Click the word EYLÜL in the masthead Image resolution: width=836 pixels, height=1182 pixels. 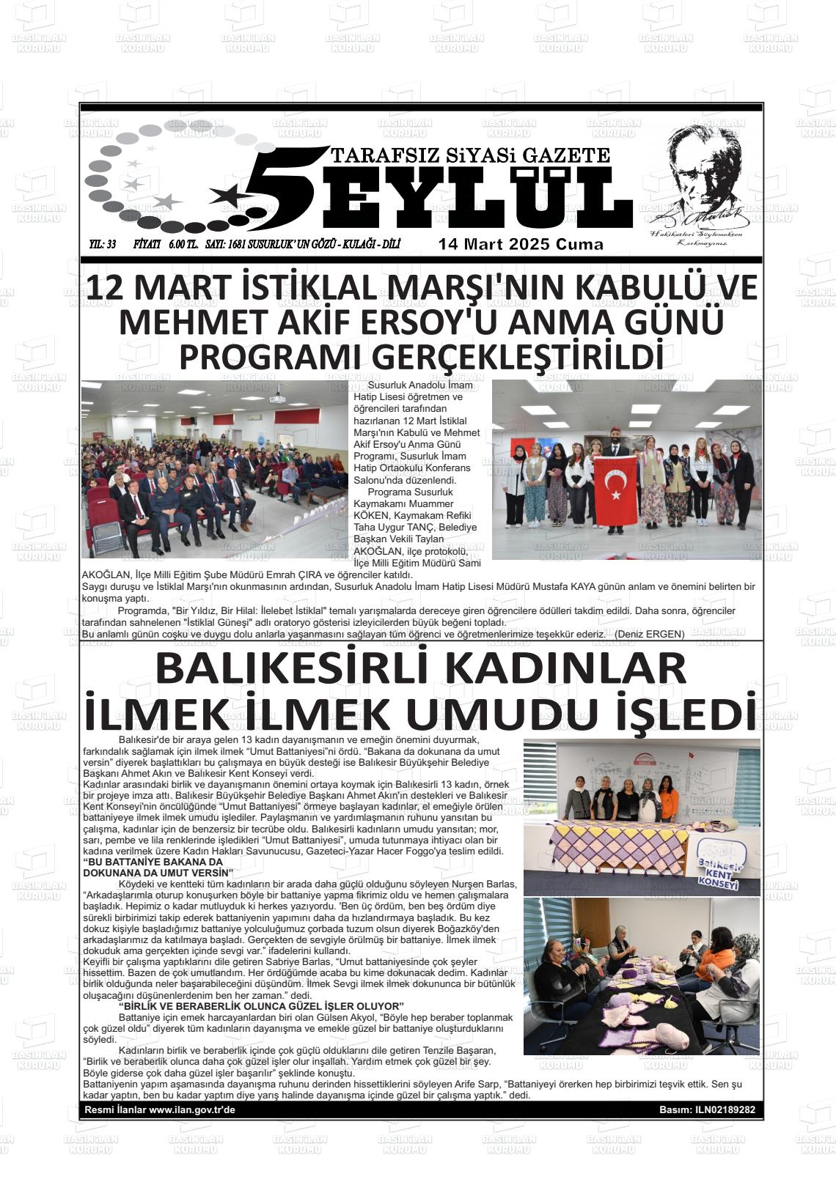[x=477, y=196]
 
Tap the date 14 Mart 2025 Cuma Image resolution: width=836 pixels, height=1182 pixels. [x=521, y=245]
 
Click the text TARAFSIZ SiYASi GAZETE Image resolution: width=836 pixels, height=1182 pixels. [x=470, y=155]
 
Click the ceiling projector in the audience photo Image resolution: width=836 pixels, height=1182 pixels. [x=277, y=399]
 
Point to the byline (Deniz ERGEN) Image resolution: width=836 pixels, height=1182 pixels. [x=649, y=634]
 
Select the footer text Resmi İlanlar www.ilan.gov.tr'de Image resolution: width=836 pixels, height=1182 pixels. [x=160, y=1110]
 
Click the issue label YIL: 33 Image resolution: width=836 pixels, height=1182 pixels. [x=102, y=245]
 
